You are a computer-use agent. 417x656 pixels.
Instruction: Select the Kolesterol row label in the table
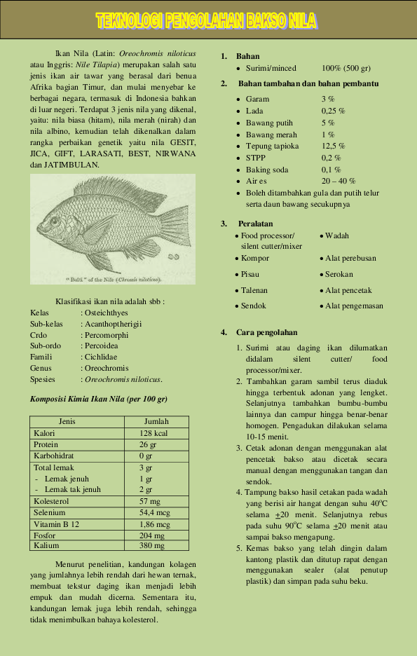(53, 501)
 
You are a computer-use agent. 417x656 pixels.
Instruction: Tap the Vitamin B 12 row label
(57, 524)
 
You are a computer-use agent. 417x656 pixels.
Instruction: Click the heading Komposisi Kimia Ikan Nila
(98, 399)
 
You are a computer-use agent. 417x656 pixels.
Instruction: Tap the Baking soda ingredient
(267, 170)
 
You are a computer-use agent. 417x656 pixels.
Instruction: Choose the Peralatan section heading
(255, 224)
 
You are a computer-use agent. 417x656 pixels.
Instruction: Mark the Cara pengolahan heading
(267, 332)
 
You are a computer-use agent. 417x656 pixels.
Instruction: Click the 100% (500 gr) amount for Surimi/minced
(346, 68)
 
